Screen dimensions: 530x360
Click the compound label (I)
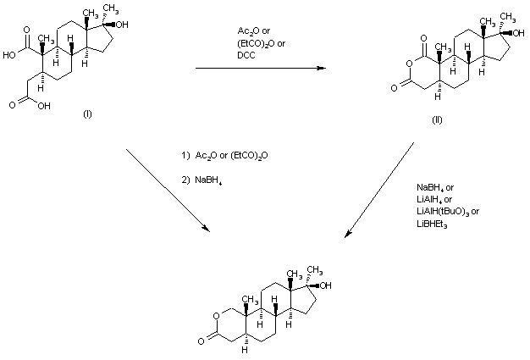tap(87, 114)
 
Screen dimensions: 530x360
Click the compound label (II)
tap(437, 120)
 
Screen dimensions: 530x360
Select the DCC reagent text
tap(246, 55)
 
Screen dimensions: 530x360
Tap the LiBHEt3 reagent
tap(432, 224)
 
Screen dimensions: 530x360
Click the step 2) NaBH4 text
tap(202, 180)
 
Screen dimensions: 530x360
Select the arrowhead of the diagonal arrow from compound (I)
tap(207, 229)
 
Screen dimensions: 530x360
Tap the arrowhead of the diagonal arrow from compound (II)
tap(348, 234)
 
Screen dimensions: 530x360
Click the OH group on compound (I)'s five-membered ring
tap(122, 25)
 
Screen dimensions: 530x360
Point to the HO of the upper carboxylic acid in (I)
tap(9, 55)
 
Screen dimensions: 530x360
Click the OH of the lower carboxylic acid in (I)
tap(44, 106)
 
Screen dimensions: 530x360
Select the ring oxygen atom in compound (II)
tap(409, 64)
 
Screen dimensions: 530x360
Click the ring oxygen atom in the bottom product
tap(216, 316)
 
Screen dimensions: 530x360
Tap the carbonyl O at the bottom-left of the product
tap(202, 341)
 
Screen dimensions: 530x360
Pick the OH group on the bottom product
tap(325, 285)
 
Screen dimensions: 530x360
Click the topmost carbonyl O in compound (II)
tap(424, 38)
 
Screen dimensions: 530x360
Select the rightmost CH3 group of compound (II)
tap(508, 17)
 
